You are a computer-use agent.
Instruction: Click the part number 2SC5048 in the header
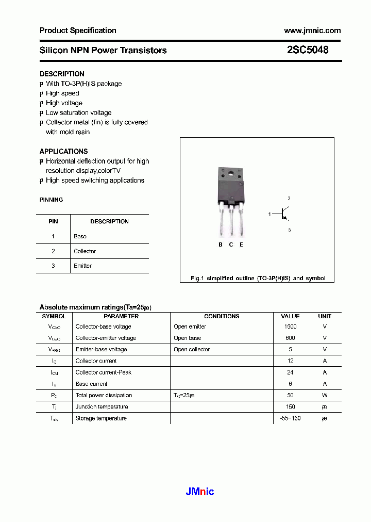click(308, 50)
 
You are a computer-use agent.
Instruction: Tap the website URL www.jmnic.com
click(312, 30)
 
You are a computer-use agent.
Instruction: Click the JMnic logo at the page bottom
click(199, 492)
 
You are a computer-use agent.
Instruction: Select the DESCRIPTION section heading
click(62, 74)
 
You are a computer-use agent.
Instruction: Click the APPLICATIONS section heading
click(63, 151)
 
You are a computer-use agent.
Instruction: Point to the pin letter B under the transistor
click(221, 244)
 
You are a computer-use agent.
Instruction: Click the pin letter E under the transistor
click(241, 244)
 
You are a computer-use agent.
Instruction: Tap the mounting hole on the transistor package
click(231, 173)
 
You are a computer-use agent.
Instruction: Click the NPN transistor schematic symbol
click(284, 214)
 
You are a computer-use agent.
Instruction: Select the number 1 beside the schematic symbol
click(269, 214)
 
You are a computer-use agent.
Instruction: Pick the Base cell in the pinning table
click(80, 236)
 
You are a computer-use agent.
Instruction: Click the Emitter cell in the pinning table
click(82, 266)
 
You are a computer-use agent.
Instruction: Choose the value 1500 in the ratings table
click(290, 327)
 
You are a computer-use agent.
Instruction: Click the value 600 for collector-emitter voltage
click(290, 338)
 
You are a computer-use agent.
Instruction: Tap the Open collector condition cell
click(192, 349)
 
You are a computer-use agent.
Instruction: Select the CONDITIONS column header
click(222, 316)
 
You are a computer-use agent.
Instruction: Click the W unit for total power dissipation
click(325, 395)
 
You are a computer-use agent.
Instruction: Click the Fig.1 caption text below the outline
click(258, 278)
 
